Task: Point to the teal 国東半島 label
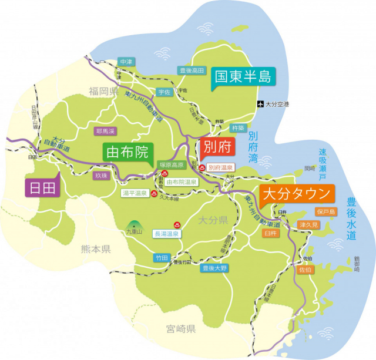[242, 76]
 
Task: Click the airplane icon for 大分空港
[260, 105]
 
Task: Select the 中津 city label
[125, 61]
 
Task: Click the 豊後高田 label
[192, 70]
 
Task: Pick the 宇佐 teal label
[163, 92]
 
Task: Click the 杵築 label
[237, 127]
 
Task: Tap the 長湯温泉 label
[167, 233]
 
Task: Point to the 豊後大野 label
[214, 268]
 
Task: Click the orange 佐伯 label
[305, 270]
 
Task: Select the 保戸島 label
[325, 211]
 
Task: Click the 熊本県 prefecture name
[95, 249]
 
